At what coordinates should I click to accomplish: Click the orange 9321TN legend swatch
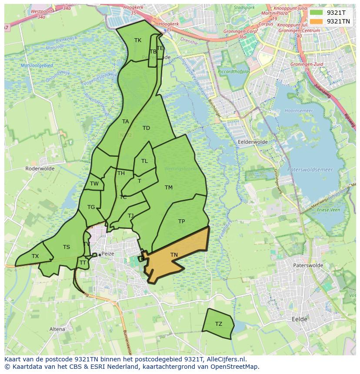point(317,21)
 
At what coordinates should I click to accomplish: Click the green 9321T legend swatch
point(317,13)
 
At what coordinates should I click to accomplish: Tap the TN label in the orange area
point(174,255)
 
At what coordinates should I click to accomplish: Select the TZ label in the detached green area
point(218,324)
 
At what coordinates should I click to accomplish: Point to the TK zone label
point(138,40)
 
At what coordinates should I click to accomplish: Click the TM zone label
point(169,188)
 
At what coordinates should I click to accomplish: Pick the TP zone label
point(181,222)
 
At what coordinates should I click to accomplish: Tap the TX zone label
point(35,256)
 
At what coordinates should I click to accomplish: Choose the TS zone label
point(66,247)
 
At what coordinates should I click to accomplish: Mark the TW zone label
point(94,184)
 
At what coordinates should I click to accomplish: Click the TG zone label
point(91,207)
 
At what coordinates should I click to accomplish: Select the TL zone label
point(144,161)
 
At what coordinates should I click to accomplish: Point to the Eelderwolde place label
point(252,142)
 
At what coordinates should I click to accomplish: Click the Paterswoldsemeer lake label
point(310,170)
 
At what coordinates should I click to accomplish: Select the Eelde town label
point(299,319)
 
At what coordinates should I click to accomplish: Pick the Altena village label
point(57,329)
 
